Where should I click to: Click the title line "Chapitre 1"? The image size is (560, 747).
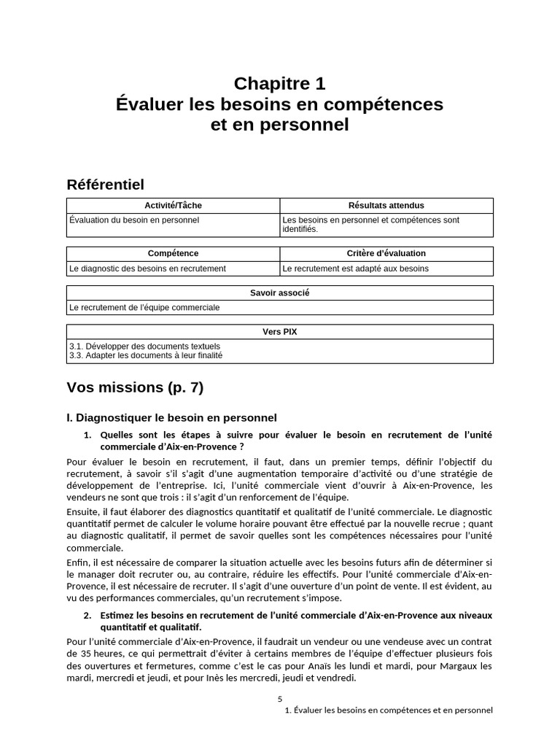(279, 83)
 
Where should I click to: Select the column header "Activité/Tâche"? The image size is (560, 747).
(173, 206)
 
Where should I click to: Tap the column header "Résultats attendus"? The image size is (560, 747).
(386, 206)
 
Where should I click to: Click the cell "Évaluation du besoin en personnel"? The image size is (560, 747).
(134, 220)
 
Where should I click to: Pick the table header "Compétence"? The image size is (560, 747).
(173, 254)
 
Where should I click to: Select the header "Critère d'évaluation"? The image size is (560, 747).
(386, 254)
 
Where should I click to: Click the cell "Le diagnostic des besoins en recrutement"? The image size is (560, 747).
(147, 268)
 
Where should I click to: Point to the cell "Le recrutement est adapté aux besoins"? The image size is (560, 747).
(355, 268)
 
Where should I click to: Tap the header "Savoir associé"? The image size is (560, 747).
(279, 293)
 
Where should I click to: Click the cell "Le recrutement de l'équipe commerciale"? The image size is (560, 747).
(144, 308)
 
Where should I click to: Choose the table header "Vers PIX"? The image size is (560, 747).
(279, 332)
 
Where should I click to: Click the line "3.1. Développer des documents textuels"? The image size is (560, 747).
(144, 346)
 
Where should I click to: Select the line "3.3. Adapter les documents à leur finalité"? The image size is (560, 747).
(146, 355)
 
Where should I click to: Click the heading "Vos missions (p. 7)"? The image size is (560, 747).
(135, 387)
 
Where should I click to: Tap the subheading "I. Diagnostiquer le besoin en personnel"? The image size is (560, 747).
(171, 418)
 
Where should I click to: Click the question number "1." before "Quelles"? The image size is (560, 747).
(87, 435)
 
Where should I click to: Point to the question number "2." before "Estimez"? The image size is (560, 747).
(87, 615)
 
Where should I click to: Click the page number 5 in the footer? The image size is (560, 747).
(279, 698)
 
